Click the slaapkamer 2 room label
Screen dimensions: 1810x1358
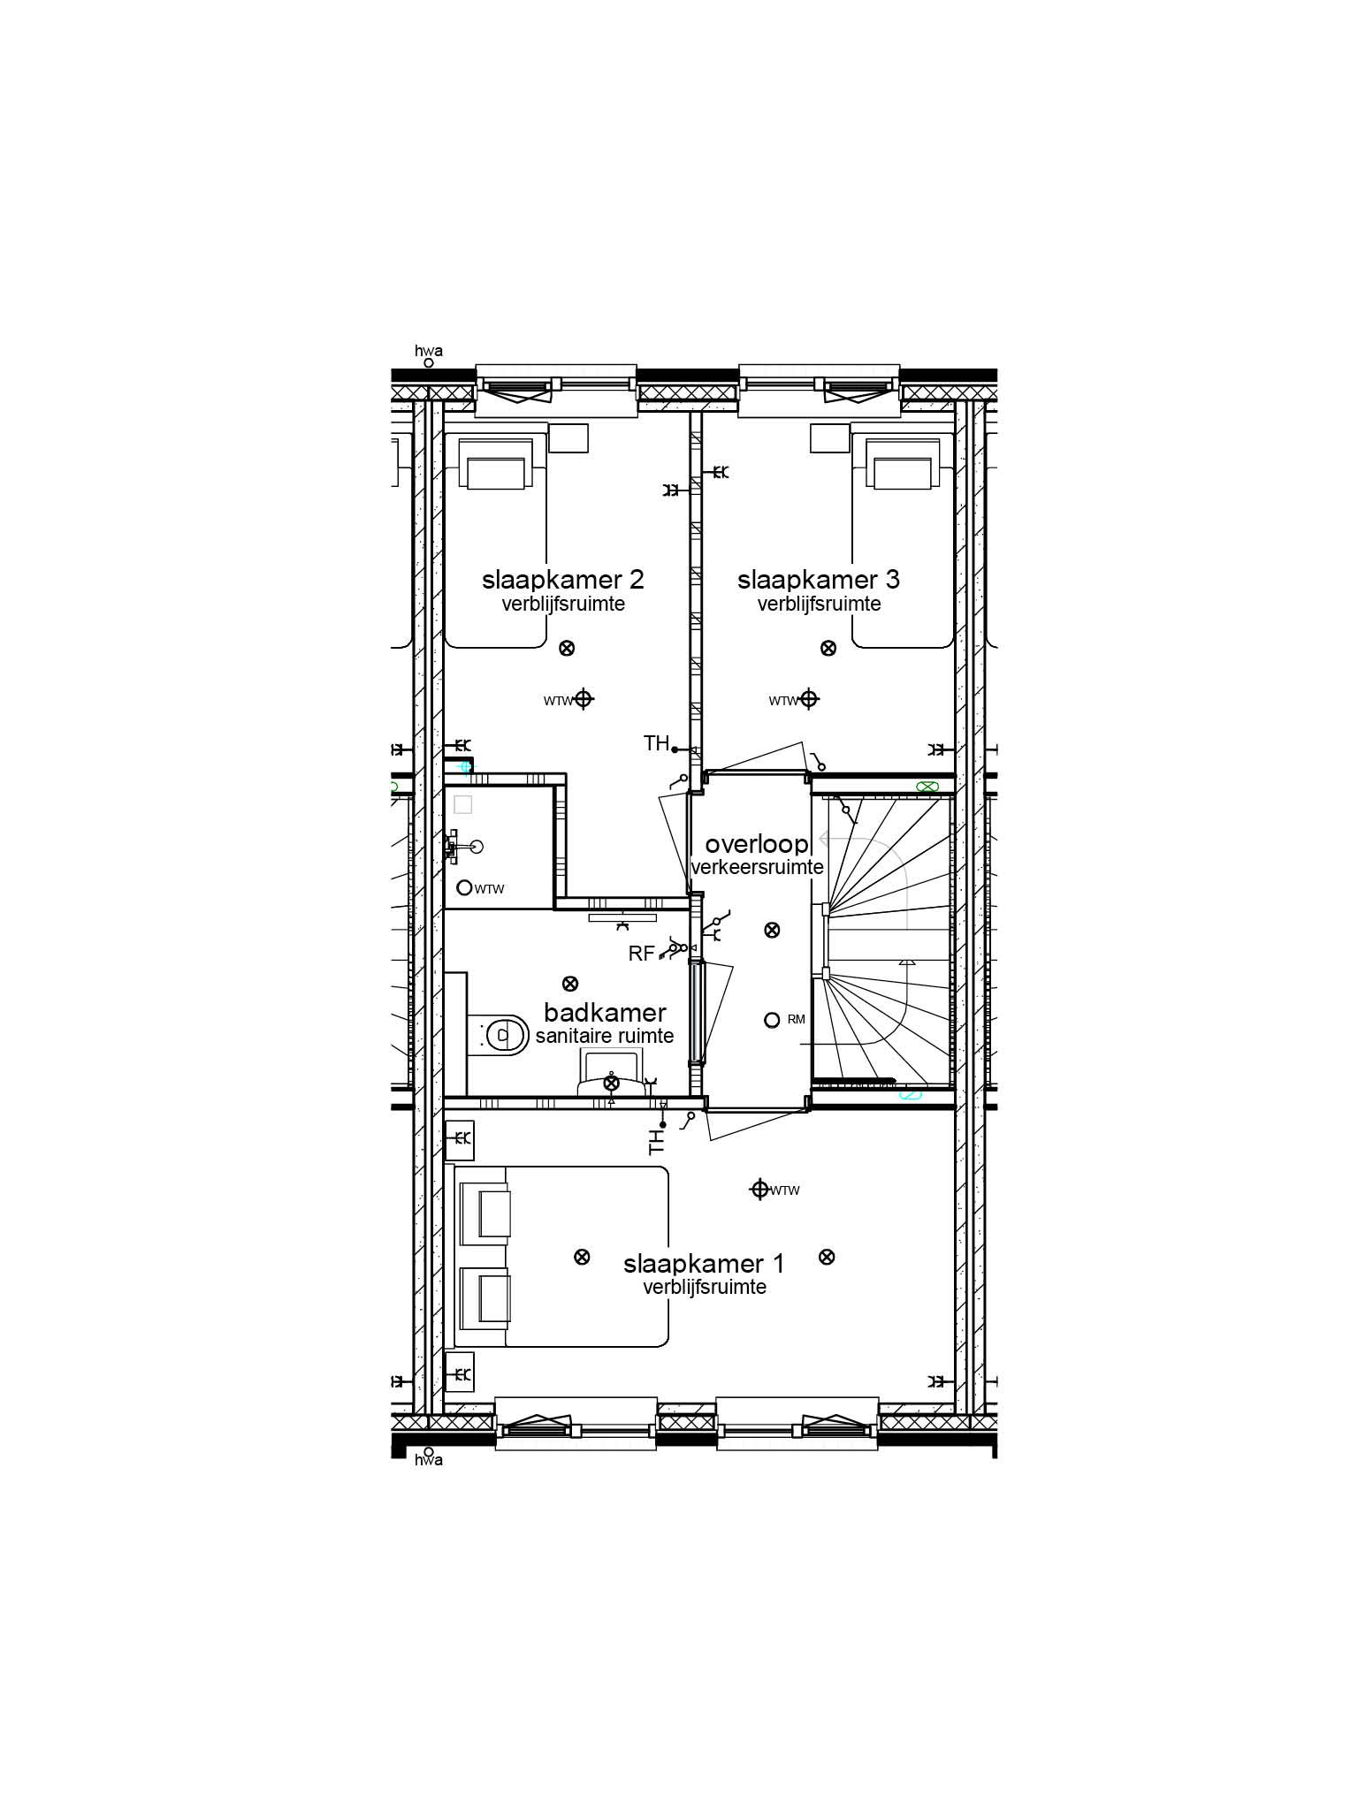pos(562,580)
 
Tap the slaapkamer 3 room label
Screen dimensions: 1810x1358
pos(818,580)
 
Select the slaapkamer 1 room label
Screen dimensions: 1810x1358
pos(704,1264)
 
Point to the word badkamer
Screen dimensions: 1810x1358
pos(605,1013)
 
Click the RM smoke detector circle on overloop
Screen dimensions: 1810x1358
pos(771,1020)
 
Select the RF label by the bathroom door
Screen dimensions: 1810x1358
pos(641,954)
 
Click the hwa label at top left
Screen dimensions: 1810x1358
pos(429,351)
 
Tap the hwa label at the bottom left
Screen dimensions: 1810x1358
pos(429,1460)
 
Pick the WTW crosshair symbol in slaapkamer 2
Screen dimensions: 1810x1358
pos(583,699)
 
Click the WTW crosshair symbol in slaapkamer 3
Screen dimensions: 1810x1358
pos(808,699)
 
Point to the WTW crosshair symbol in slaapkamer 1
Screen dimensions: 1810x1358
pos(759,1190)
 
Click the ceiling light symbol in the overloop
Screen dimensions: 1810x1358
pos(772,930)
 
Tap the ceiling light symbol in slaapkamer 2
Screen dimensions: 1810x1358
pos(568,648)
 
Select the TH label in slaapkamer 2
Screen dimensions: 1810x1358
pos(656,744)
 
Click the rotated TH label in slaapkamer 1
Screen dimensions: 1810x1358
pos(656,1142)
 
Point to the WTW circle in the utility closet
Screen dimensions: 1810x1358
pos(464,887)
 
